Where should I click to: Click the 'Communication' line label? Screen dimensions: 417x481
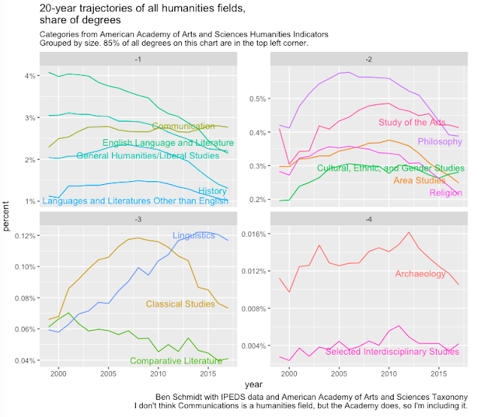pos(183,127)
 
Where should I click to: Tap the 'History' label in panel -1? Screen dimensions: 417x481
pos(212,191)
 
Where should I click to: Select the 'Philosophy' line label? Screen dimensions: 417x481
pos(440,141)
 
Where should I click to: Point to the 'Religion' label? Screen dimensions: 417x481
pos(446,193)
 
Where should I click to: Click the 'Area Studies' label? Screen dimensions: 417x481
pos(419,180)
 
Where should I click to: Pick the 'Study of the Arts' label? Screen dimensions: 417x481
pos(413,122)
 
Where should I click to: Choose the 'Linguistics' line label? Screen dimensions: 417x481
pos(194,236)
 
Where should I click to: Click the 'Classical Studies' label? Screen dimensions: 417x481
pos(180,304)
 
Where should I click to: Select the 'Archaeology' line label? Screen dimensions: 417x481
pos(420,274)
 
